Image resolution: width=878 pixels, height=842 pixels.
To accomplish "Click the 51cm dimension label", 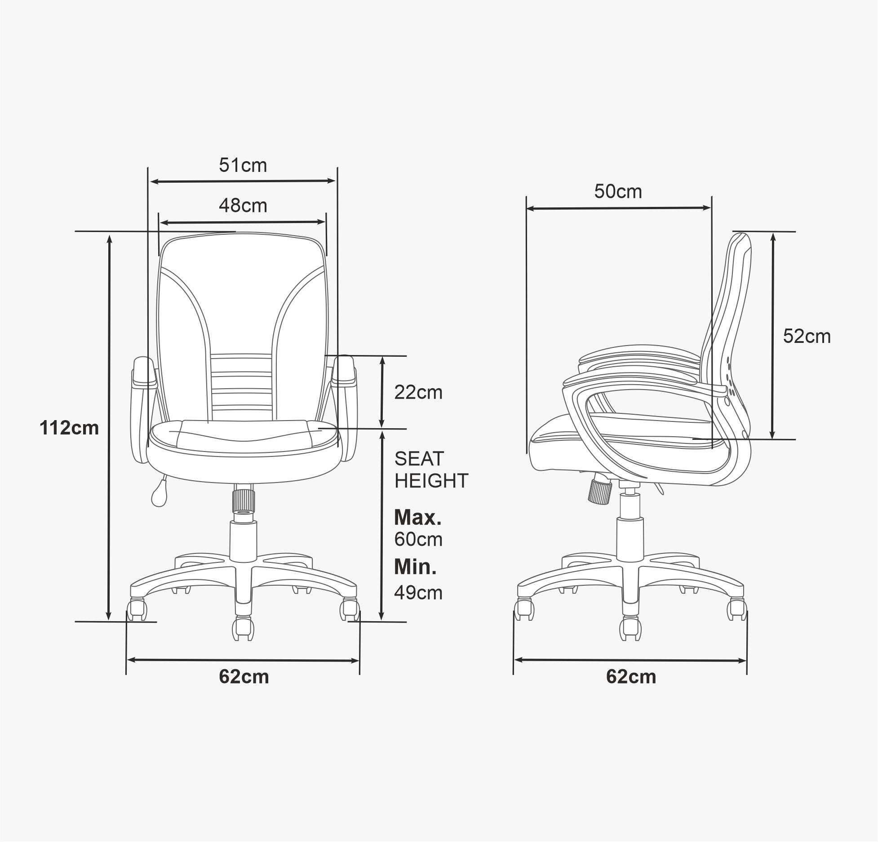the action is [243, 166].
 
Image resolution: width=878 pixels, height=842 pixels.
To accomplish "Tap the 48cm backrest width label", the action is [243, 206].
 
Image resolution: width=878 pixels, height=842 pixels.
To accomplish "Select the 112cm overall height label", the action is [69, 428].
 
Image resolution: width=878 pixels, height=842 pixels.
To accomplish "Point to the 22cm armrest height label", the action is [418, 392].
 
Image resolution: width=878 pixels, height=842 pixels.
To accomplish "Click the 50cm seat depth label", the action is [618, 192].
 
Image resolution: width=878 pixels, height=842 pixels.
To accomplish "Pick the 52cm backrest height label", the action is [807, 336].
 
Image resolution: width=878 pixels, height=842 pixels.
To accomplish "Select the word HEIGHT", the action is [431, 481].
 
